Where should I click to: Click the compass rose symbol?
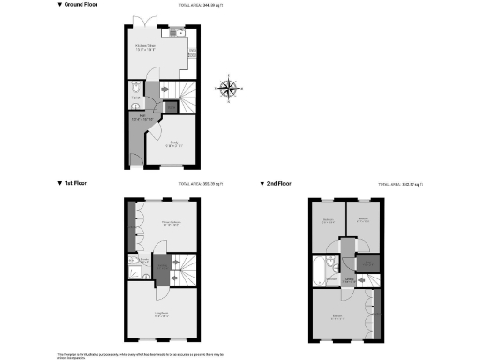[228, 89]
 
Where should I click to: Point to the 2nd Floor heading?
[279, 183]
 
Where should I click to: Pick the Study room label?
[172, 142]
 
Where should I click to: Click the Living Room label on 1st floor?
[160, 314]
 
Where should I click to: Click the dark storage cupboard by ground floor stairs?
[172, 106]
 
